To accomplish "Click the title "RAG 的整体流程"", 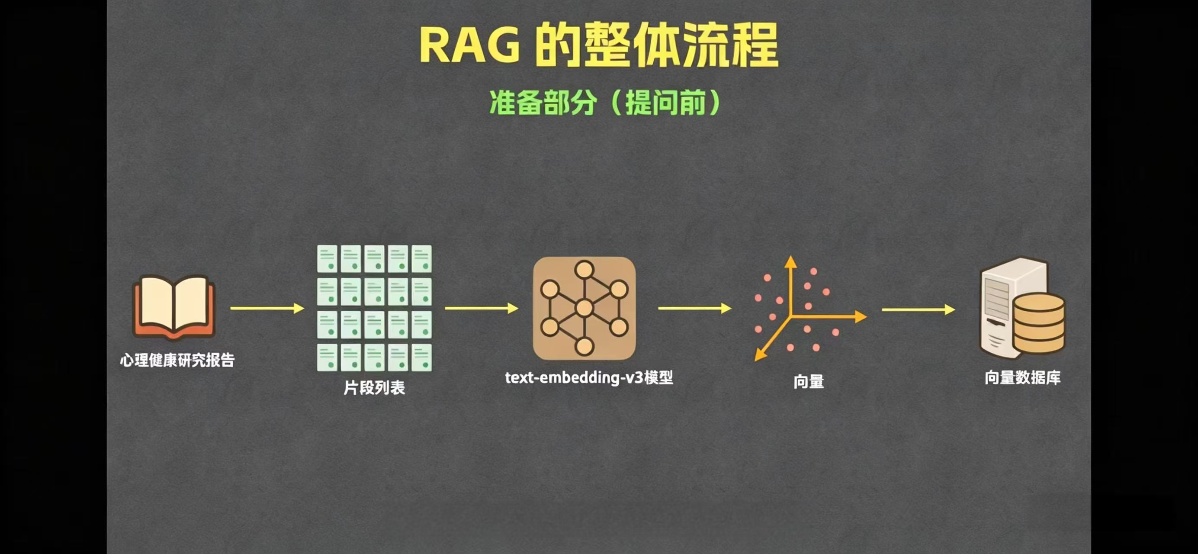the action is tap(599, 45).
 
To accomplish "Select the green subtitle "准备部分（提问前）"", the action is tap(604, 102).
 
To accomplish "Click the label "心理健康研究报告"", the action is tap(177, 360).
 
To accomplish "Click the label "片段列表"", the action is tap(374, 387).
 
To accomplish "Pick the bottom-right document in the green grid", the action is tap(421, 357).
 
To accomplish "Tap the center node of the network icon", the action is tap(584, 308).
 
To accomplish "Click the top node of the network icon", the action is tap(584, 270).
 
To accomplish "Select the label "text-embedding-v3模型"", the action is tap(589, 377).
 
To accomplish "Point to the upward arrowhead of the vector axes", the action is tap(790, 261).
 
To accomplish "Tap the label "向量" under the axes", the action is tap(808, 381).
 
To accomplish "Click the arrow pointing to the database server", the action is tap(918, 309).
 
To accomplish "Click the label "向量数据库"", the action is tap(1022, 377).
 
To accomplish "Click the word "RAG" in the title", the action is tap(470, 45).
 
